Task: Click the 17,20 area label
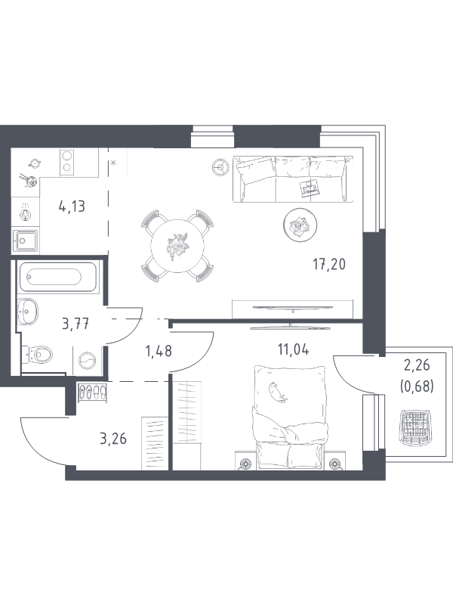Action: click(x=329, y=265)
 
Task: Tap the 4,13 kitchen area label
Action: click(x=72, y=206)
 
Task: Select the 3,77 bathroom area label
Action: click(x=75, y=324)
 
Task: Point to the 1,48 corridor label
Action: click(x=159, y=351)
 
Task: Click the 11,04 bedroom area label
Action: click(x=293, y=349)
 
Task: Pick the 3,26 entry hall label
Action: click(x=113, y=439)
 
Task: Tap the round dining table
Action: click(x=177, y=246)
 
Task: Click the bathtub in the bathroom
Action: click(x=57, y=277)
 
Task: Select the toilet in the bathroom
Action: click(x=37, y=353)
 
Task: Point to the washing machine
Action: click(x=87, y=361)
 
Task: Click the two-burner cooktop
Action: click(x=66, y=162)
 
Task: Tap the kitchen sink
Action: click(x=25, y=240)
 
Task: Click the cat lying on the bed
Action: click(x=278, y=392)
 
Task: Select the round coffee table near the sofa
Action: click(x=300, y=225)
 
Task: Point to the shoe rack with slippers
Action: click(x=92, y=392)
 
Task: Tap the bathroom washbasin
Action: click(x=27, y=312)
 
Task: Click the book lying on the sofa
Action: click(x=310, y=188)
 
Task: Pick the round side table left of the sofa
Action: click(x=220, y=167)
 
